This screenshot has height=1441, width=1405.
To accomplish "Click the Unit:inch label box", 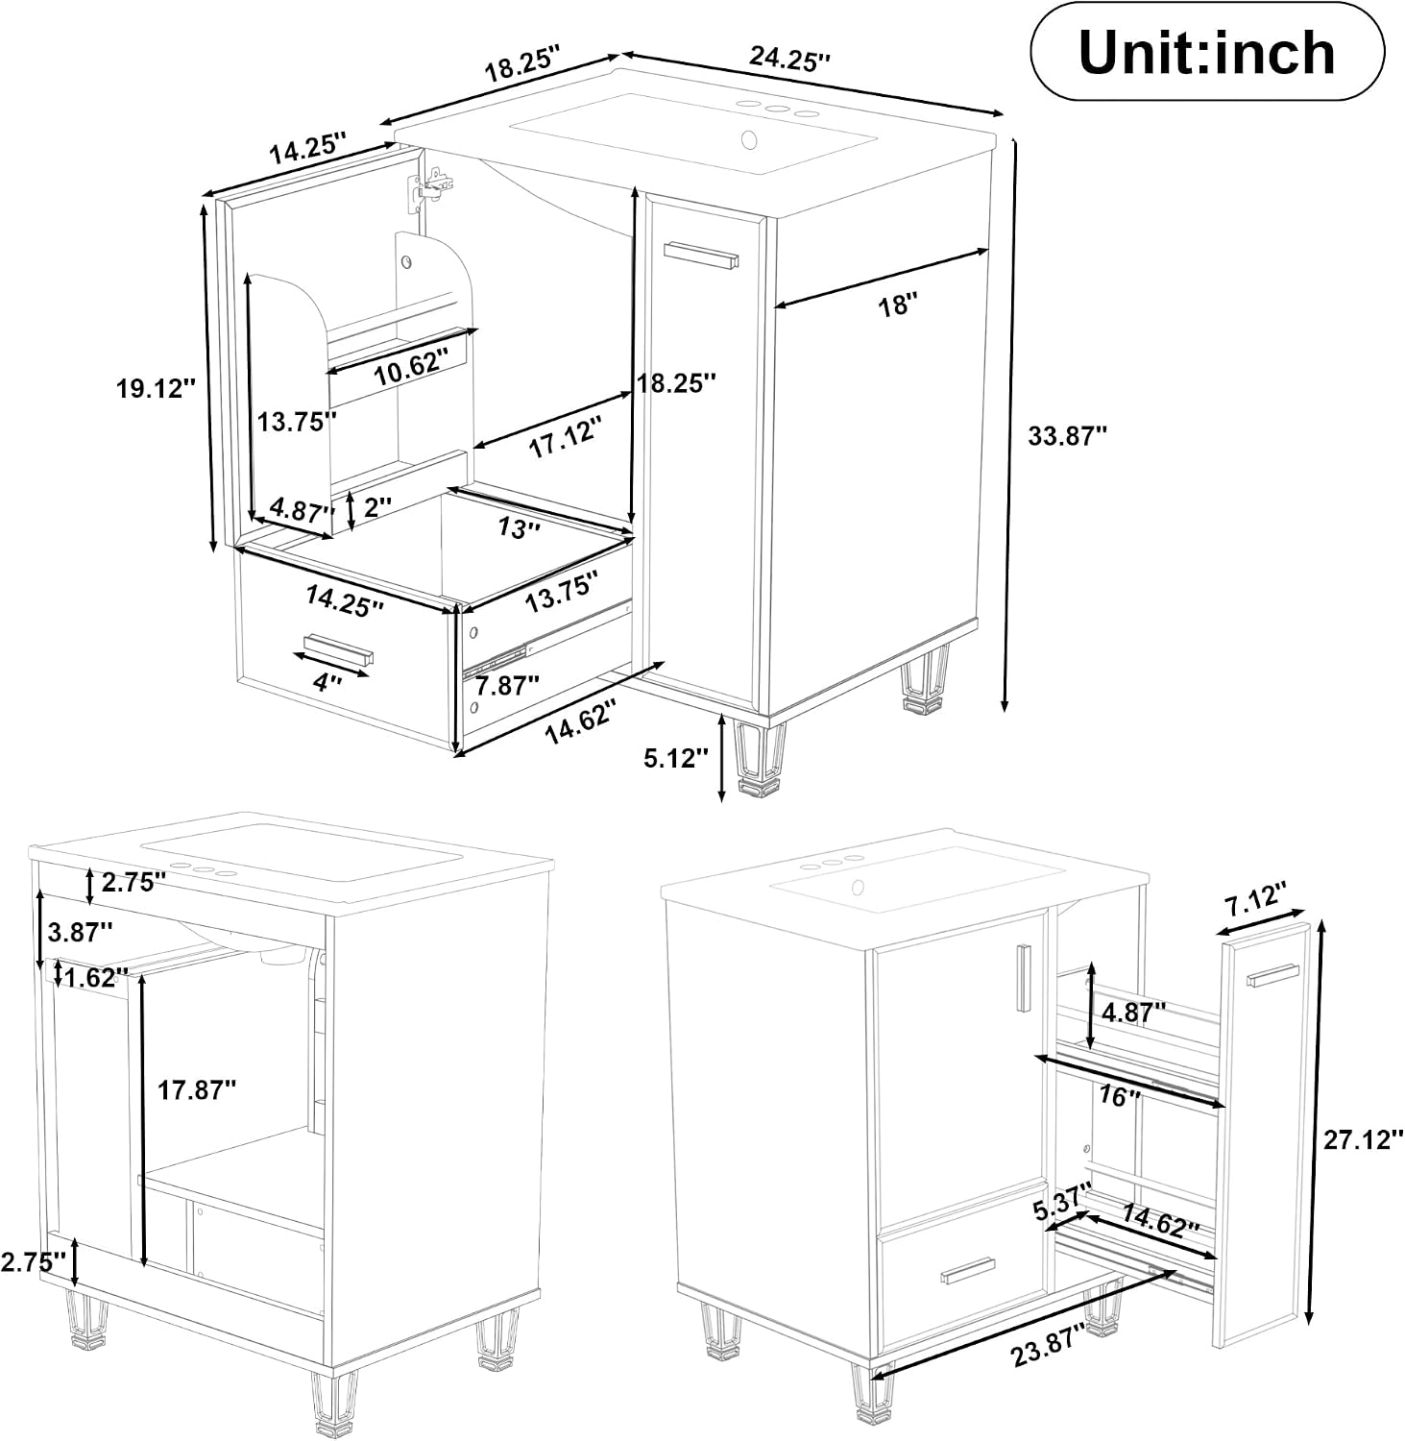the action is click(x=1207, y=52).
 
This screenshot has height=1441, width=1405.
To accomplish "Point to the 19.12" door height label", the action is click(x=156, y=388).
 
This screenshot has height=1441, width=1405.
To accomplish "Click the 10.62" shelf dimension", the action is click(x=410, y=368).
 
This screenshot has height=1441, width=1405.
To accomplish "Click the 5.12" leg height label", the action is click(x=676, y=758).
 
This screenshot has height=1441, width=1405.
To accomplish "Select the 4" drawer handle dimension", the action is click(x=329, y=682).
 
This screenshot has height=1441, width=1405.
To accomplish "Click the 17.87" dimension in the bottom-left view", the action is click(x=197, y=1089).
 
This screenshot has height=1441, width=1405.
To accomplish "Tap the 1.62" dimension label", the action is click(x=96, y=977).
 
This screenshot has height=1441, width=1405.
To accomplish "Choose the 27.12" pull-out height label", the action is click(x=1363, y=1140).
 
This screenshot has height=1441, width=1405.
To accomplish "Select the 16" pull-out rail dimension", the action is click(x=1119, y=1095).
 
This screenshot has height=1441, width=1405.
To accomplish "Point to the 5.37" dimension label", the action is click(x=1064, y=1202).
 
